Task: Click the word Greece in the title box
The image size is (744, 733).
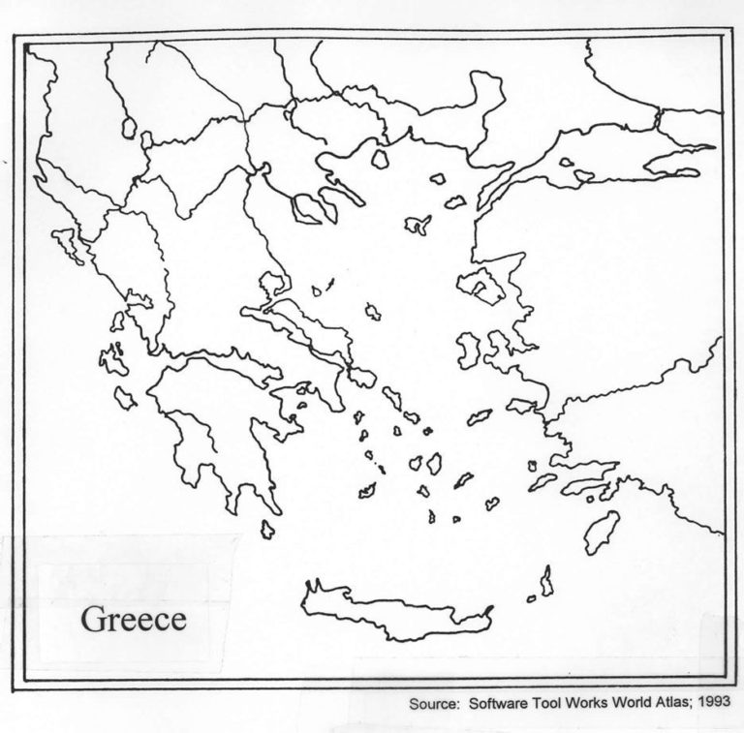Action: point(133,619)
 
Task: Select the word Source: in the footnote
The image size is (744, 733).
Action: point(435,704)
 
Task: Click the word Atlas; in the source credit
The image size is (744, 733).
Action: point(669,704)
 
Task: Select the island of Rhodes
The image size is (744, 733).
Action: point(602,532)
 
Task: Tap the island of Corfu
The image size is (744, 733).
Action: point(69,243)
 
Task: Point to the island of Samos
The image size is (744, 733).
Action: point(522,406)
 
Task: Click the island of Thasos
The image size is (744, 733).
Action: point(381,157)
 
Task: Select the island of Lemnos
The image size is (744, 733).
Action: point(418,225)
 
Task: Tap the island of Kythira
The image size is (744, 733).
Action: point(267,529)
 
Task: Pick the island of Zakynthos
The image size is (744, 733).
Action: point(125,397)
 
